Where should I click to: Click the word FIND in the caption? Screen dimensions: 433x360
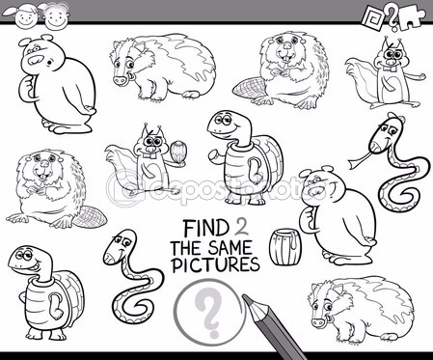pyautogui.click(x=205, y=228)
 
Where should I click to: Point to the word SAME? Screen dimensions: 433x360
pyautogui.click(x=230, y=248)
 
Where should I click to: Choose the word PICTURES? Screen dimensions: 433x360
pyautogui.click(x=215, y=264)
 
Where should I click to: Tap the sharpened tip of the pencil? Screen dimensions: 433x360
pyautogui.click(x=246, y=298)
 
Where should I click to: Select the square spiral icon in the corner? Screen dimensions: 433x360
pyautogui.click(x=373, y=17)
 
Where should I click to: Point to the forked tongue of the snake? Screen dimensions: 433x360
pyautogui.click(x=358, y=161)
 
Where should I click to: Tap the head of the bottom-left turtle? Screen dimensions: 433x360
pyautogui.click(x=27, y=258)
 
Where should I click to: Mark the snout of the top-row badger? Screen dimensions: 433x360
pyautogui.click(x=118, y=80)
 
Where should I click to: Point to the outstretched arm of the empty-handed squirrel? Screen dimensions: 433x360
pyautogui.click(x=413, y=78)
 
